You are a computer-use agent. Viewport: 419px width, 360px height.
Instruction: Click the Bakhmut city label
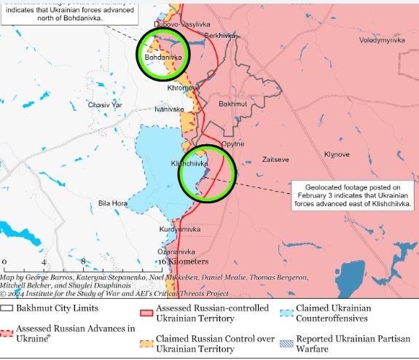click(x=233, y=104)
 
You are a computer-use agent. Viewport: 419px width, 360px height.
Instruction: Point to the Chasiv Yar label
click(x=104, y=105)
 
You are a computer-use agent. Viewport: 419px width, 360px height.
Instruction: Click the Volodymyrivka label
click(x=381, y=40)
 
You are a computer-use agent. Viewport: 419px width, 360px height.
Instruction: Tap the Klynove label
click(x=337, y=154)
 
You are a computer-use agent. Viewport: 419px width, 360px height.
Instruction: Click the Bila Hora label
click(x=114, y=203)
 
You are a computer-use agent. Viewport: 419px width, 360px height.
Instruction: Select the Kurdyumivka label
click(x=179, y=229)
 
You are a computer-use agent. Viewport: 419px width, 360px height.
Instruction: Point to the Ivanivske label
click(x=169, y=109)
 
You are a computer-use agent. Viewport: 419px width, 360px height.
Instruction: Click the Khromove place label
click(x=183, y=87)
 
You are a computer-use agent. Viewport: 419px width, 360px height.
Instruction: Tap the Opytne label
click(x=232, y=144)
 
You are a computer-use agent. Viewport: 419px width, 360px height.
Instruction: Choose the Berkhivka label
click(x=220, y=35)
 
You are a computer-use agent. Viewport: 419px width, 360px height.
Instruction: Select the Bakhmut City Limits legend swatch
click(x=7, y=308)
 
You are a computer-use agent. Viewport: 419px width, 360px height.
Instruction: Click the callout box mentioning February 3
click(x=353, y=195)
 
